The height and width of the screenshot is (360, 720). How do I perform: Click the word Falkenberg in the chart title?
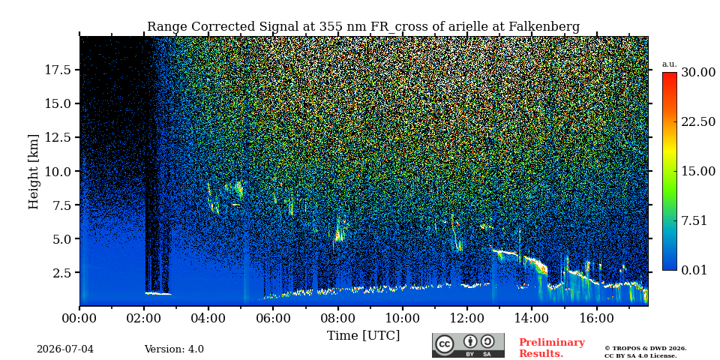coord(544,27)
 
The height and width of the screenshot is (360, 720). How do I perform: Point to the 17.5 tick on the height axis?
coord(58,70)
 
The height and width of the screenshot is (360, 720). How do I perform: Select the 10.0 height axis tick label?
coord(58,171)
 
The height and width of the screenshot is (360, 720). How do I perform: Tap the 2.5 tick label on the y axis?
coord(62,273)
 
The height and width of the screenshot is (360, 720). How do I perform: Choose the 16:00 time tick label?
coord(596,319)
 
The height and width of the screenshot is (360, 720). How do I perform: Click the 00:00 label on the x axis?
coord(79,319)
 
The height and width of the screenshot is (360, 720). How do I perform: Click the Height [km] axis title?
coord(34,171)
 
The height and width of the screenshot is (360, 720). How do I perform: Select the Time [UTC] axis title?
coord(363,336)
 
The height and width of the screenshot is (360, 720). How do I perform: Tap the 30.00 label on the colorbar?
coord(698,73)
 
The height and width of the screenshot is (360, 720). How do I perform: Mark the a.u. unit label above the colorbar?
coord(670,64)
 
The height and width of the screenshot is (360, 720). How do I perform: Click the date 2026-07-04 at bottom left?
coord(65,349)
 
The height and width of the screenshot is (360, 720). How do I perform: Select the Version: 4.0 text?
coord(174,349)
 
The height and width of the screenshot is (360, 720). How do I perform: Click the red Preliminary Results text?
coord(552,348)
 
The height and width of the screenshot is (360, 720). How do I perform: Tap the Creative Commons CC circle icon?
coord(445,344)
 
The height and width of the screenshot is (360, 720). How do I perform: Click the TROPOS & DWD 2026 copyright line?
coord(646,349)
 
